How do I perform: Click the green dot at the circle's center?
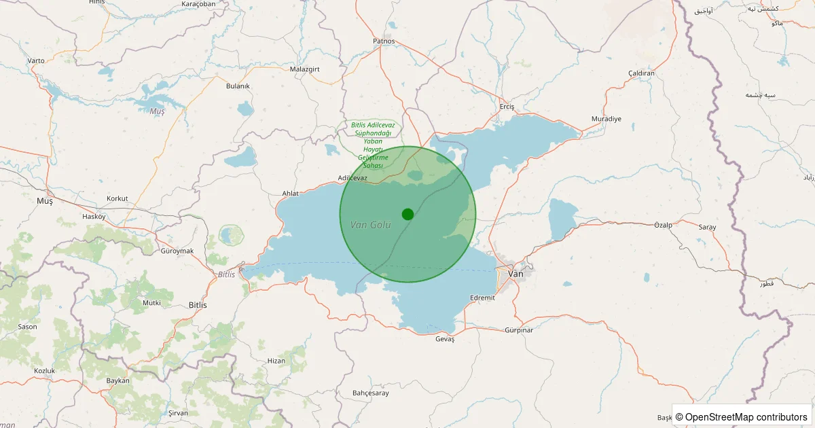tap(407, 214)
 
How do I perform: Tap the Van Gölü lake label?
tap(371, 224)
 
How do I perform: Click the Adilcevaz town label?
tap(352, 178)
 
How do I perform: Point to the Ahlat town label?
tap(290, 194)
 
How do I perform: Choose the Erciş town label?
tap(507, 107)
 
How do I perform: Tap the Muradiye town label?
tap(606, 119)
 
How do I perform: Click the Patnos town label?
tap(384, 41)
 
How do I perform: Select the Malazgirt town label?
tap(304, 69)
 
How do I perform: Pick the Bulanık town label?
tap(238, 86)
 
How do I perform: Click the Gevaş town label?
tap(444, 339)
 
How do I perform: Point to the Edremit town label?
tap(482, 298)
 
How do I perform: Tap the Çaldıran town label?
tap(641, 73)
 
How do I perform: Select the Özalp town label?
tap(662, 225)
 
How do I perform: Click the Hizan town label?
tap(276, 361)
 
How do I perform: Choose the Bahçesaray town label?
tap(371, 393)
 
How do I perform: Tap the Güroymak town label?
tap(177, 251)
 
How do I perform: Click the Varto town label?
tap(36, 60)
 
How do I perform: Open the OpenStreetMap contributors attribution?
tap(745, 417)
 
